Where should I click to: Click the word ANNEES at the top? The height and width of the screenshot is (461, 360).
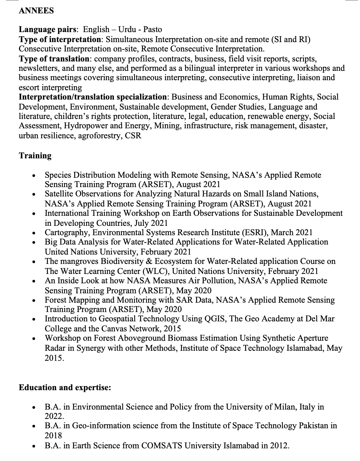(x=36, y=11)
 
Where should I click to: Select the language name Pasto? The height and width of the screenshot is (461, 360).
(x=153, y=30)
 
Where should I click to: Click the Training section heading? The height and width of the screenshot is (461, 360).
(x=35, y=156)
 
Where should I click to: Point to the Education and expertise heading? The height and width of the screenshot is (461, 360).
(x=65, y=388)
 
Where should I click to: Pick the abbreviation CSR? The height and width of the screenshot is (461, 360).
(x=133, y=136)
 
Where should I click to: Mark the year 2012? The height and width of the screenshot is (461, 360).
(x=279, y=446)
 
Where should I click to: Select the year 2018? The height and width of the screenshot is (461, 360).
(x=53, y=435)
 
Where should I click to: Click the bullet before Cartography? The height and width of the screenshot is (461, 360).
(x=33, y=233)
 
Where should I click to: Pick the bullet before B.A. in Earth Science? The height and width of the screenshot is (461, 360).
(x=33, y=446)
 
